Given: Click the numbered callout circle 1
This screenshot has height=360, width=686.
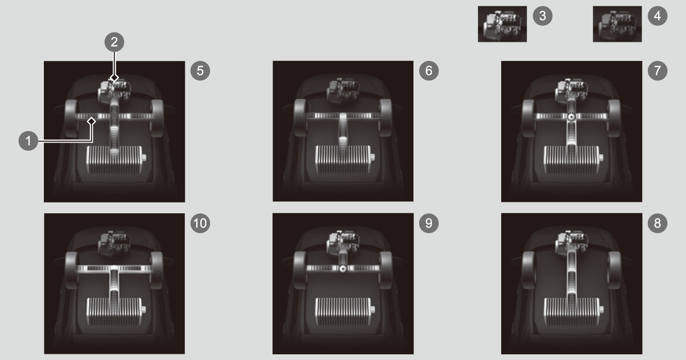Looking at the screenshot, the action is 28,141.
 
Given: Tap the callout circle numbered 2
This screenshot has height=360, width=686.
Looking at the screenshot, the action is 114,42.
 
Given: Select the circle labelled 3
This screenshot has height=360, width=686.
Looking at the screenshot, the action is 543,15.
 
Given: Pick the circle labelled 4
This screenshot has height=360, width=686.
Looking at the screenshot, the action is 658,15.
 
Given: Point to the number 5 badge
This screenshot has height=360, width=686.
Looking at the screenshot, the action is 200,71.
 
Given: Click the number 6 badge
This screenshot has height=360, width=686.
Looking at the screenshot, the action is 429,71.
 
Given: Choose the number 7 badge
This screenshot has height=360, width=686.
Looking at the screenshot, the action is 658,71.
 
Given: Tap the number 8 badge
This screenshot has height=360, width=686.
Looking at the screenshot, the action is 658,223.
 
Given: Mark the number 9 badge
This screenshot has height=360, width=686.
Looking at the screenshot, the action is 429,223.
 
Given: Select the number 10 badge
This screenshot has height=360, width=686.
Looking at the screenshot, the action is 200,223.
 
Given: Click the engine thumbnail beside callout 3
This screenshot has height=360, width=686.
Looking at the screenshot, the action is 502,24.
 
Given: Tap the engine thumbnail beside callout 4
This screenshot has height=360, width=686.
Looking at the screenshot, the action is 617,24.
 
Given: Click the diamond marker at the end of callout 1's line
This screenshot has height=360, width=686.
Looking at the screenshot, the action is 91,121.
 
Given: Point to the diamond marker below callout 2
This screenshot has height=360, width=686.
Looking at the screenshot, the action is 114,78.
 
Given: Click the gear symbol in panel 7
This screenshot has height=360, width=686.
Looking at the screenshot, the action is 571,116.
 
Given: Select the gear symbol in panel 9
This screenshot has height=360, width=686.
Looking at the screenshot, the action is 343,269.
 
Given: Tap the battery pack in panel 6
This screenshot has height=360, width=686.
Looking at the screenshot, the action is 344,159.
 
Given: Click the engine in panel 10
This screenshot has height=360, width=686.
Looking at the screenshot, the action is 115,243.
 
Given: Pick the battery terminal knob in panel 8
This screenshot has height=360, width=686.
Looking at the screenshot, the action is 601,310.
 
